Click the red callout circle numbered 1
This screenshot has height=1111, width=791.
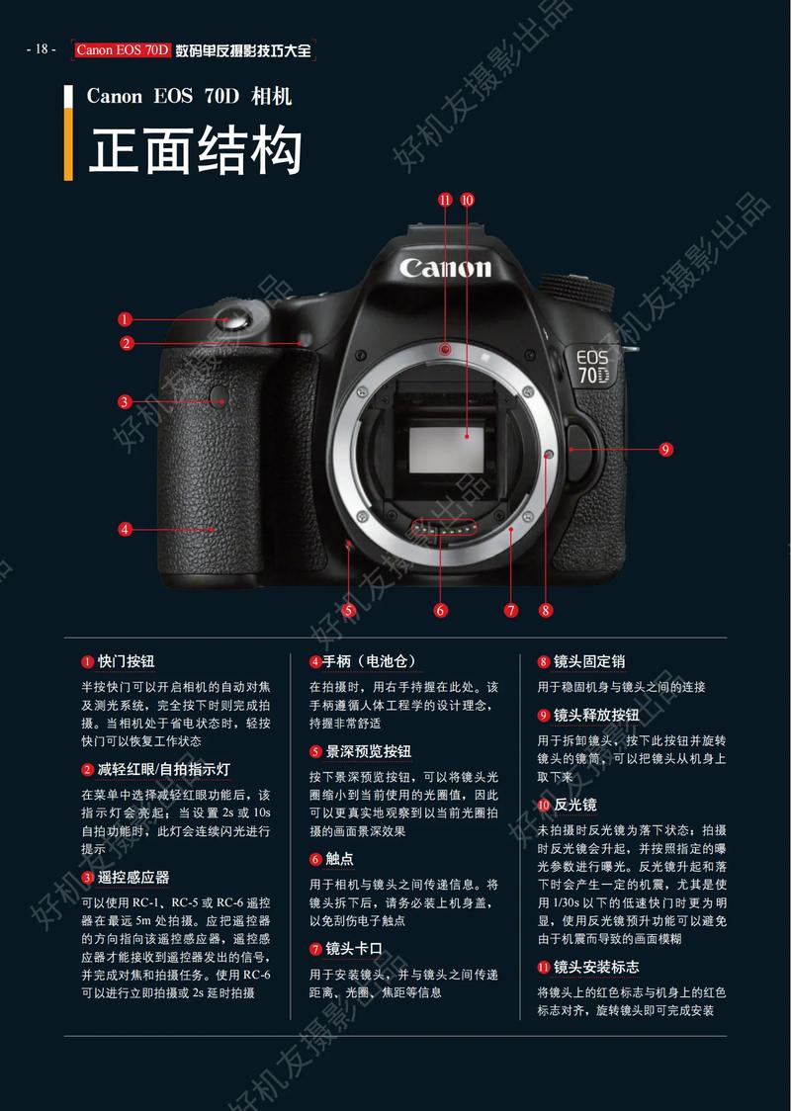point(125,319)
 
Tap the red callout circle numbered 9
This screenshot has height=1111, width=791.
point(665,450)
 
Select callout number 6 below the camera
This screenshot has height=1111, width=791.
point(441,610)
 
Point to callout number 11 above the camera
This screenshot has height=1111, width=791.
point(445,200)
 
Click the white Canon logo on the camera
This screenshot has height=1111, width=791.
point(445,268)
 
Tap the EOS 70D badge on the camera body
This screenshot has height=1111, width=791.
point(593,366)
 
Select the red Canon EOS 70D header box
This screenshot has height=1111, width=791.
point(123,50)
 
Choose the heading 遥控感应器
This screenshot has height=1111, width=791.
point(132,877)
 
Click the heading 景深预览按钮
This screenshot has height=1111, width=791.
point(368,751)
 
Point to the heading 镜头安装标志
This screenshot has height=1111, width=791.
point(595,967)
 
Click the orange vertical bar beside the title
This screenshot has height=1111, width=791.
point(68,144)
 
